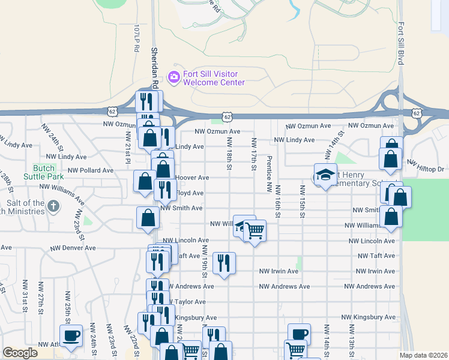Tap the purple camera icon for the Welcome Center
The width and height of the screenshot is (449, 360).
point(174,76)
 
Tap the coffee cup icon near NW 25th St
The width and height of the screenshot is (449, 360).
point(71,335)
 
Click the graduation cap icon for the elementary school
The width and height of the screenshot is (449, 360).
point(325,174)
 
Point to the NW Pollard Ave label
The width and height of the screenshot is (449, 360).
point(91,170)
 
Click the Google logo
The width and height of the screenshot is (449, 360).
point(20,352)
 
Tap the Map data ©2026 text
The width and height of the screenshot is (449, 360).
point(423,355)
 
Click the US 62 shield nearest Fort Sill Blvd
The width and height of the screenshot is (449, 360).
point(417,113)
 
